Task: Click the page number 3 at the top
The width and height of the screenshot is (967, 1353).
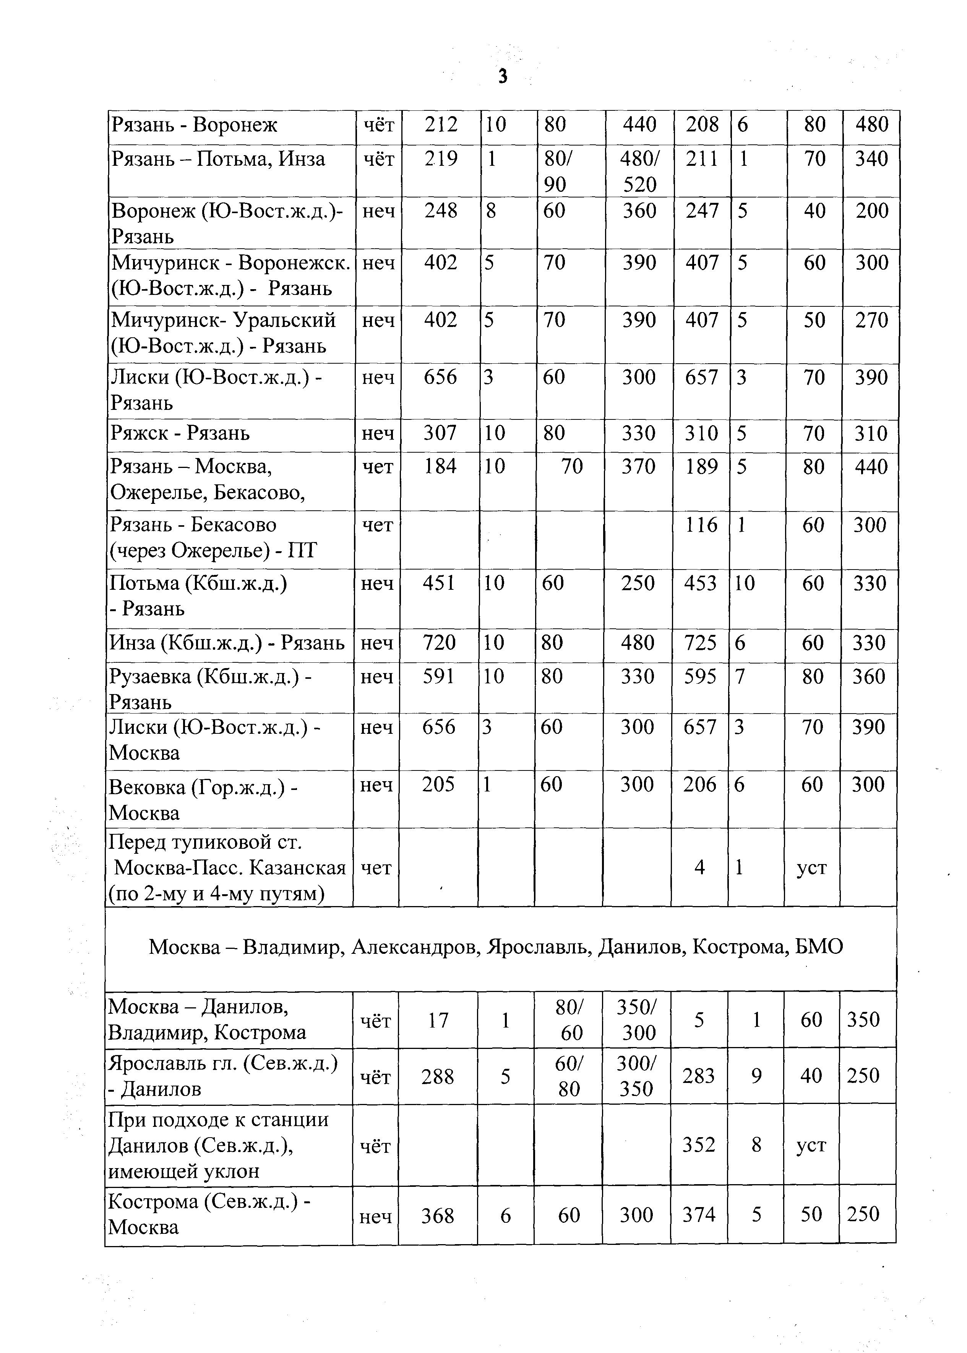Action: coord(503,77)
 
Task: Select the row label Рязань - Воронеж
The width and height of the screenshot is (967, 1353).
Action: coord(194,126)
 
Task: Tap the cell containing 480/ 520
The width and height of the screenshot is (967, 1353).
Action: coord(639,172)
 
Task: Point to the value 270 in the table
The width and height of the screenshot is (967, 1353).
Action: coord(871,321)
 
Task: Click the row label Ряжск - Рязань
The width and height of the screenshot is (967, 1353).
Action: coord(180,433)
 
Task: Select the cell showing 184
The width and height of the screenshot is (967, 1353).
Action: coord(440,466)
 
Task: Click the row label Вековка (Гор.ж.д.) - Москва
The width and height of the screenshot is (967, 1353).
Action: coord(203,799)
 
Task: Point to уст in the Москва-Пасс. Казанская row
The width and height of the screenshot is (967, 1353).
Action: coord(811,868)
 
